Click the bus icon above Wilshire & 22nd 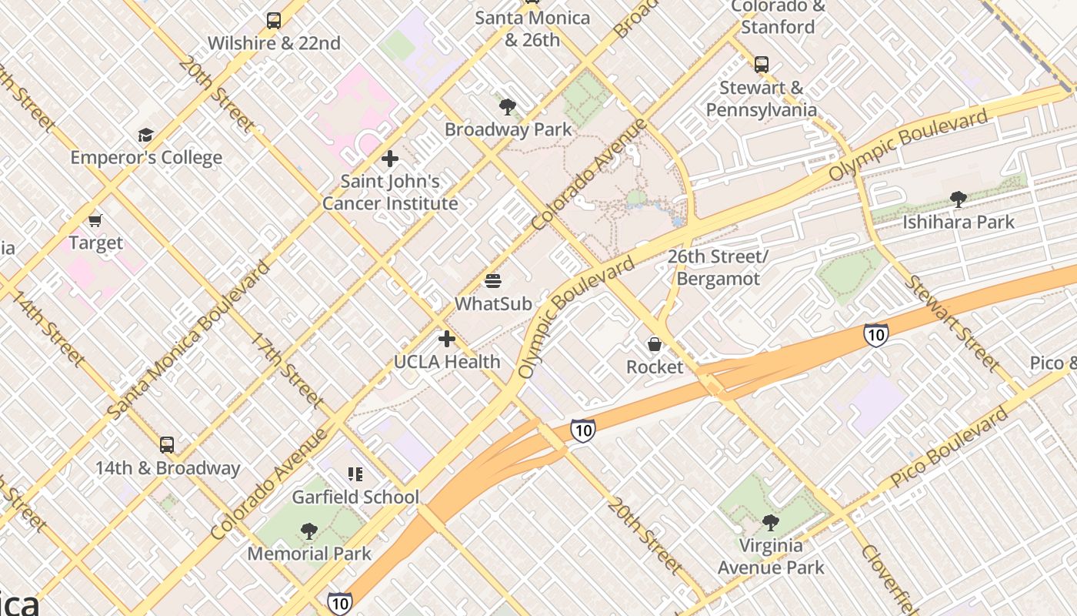pos(274,21)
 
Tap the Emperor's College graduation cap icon pos(145,136)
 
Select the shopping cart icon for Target pos(95,221)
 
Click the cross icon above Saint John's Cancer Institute pos(390,159)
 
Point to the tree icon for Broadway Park pos(507,107)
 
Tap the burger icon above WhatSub pos(493,281)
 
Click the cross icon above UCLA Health pos(447,339)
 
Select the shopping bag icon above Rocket pos(655,344)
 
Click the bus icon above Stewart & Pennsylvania pos(762,65)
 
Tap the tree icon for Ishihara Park pos(958,199)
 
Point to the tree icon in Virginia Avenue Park pos(770,524)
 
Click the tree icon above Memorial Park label pos(308,531)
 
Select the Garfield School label pos(355,497)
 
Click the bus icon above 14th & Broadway pos(167,444)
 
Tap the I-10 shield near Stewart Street pos(875,334)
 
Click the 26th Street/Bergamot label pos(718,267)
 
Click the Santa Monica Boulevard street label pos(189,340)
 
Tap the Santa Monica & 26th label pos(532,28)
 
